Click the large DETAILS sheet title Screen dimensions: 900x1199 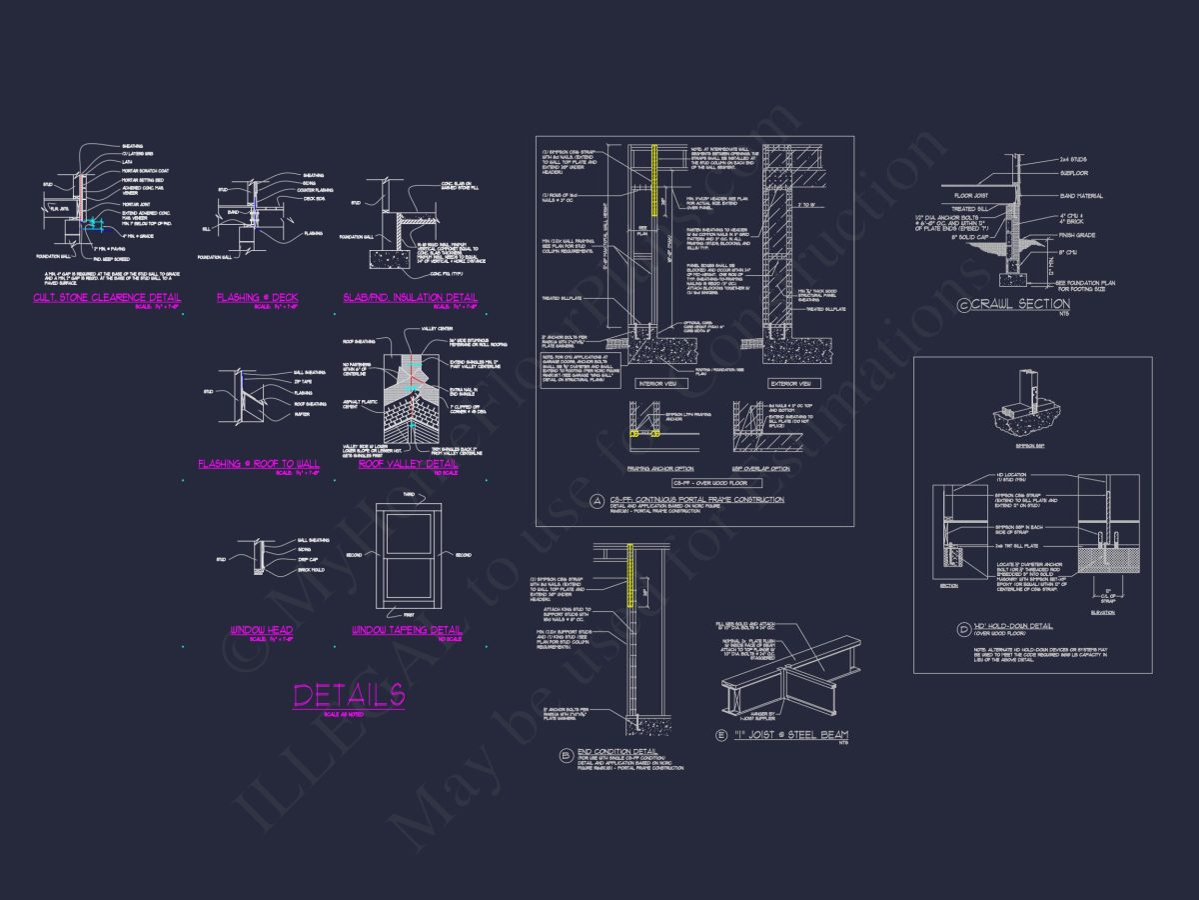(x=348, y=695)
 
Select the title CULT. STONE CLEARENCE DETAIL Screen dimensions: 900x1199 (x=107, y=297)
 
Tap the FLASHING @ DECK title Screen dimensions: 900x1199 (x=257, y=297)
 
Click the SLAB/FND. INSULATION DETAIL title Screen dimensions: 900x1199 (x=410, y=297)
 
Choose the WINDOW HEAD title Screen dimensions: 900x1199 (x=261, y=630)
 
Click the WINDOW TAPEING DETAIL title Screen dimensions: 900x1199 (x=407, y=630)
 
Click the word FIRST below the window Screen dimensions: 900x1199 (x=407, y=614)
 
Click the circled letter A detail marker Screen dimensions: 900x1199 (x=597, y=500)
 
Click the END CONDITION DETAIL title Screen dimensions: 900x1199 (x=608, y=751)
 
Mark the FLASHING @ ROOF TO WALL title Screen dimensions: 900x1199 (x=260, y=464)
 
